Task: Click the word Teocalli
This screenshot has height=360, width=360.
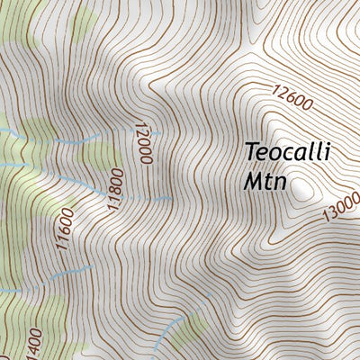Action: [287, 154]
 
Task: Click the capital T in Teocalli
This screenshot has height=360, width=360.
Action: [251, 154]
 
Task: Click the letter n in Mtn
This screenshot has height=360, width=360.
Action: [282, 183]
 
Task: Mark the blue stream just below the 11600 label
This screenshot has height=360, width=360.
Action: [72, 270]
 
